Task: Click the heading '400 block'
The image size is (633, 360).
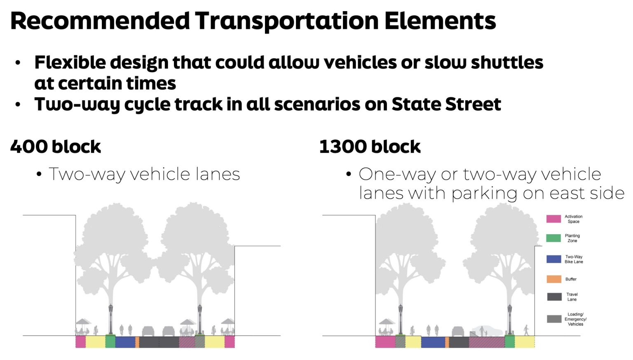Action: [x=56, y=147]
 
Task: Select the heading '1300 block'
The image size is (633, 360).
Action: [x=370, y=147]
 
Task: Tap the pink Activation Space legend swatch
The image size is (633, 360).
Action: [x=553, y=219]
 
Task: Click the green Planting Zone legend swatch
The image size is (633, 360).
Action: [x=553, y=238]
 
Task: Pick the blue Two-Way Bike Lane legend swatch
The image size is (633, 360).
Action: [x=553, y=259]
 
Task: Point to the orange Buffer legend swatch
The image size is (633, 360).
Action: [x=553, y=279]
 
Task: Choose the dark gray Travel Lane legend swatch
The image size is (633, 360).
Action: [x=553, y=297]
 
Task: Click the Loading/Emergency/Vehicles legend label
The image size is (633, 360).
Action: [x=575, y=319]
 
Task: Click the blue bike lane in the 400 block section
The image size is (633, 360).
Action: [x=125, y=342]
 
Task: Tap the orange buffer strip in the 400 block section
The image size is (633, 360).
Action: [x=137, y=342]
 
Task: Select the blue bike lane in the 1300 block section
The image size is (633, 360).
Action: [x=433, y=342]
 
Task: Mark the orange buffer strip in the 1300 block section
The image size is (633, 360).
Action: [x=447, y=342]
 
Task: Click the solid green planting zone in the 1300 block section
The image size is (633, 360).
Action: [x=510, y=342]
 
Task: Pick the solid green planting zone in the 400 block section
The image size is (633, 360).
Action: [x=110, y=342]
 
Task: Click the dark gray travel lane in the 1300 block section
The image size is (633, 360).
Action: [x=459, y=342]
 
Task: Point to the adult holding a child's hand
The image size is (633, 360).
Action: [x=483, y=331]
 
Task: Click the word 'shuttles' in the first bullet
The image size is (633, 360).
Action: [x=507, y=63]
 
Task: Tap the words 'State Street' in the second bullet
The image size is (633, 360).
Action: [x=446, y=104]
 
